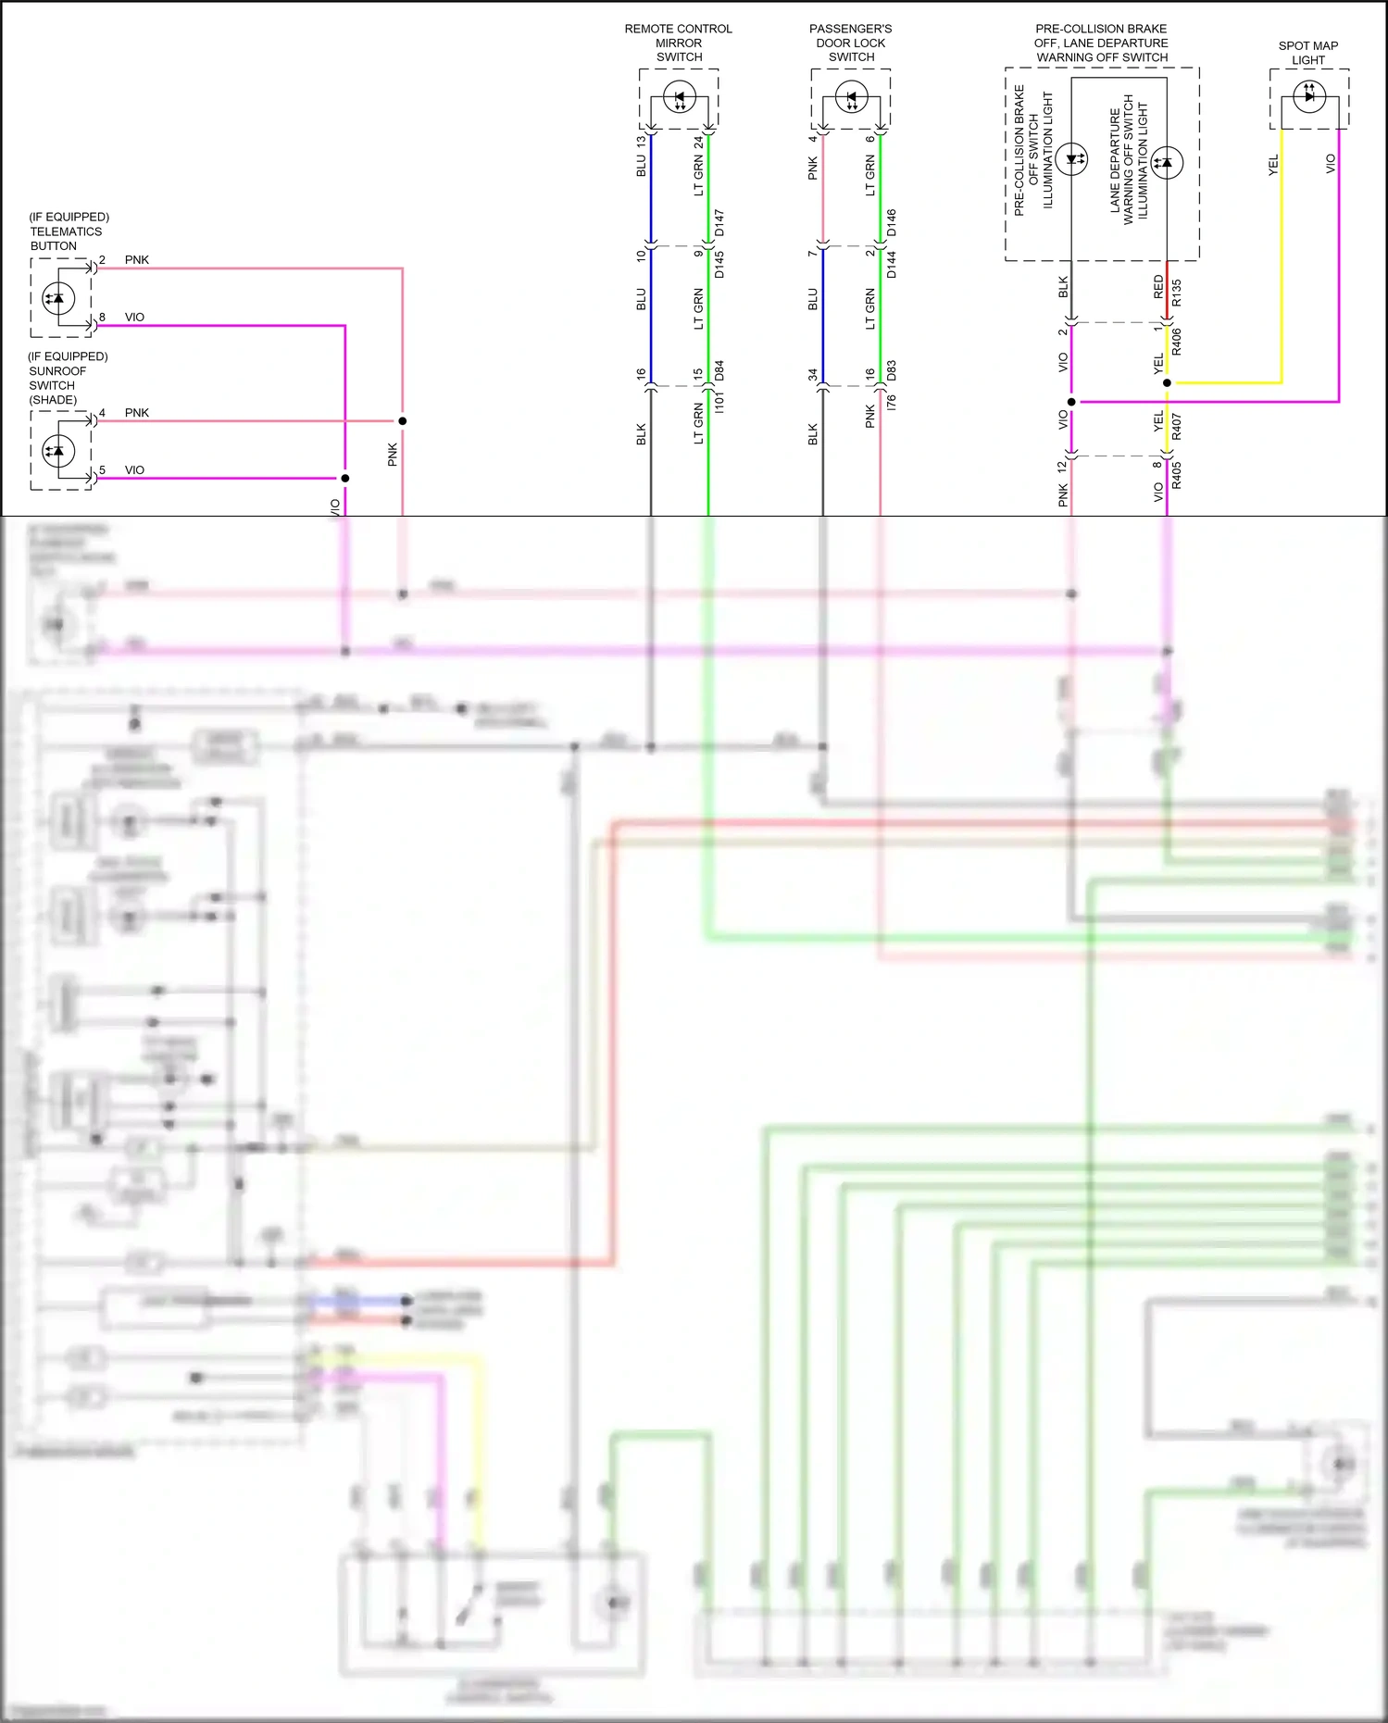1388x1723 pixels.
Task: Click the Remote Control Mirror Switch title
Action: point(678,43)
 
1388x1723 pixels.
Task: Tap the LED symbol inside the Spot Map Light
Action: point(1308,94)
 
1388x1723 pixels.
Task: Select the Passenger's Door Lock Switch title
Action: point(850,43)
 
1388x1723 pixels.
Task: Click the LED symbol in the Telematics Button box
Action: point(59,298)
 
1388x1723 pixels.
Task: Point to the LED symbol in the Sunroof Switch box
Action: point(59,451)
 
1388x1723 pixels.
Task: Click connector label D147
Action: point(719,222)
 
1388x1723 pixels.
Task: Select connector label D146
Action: point(891,222)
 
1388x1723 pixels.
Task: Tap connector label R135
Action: point(1176,293)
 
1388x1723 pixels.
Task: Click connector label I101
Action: point(719,401)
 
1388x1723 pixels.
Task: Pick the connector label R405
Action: point(1176,475)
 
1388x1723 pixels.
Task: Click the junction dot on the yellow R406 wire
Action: point(1167,382)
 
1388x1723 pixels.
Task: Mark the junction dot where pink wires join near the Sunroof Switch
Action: point(402,421)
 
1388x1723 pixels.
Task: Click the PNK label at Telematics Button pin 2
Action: point(137,260)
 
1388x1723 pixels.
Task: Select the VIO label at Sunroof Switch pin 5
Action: point(135,470)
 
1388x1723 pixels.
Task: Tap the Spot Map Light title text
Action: point(1307,53)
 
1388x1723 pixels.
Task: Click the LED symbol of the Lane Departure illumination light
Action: point(1166,162)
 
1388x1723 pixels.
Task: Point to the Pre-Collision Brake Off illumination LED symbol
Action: point(1071,158)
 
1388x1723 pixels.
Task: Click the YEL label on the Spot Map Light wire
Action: point(1273,165)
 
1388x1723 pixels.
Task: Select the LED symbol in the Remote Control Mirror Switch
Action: point(679,97)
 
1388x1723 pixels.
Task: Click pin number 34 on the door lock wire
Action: point(812,375)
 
